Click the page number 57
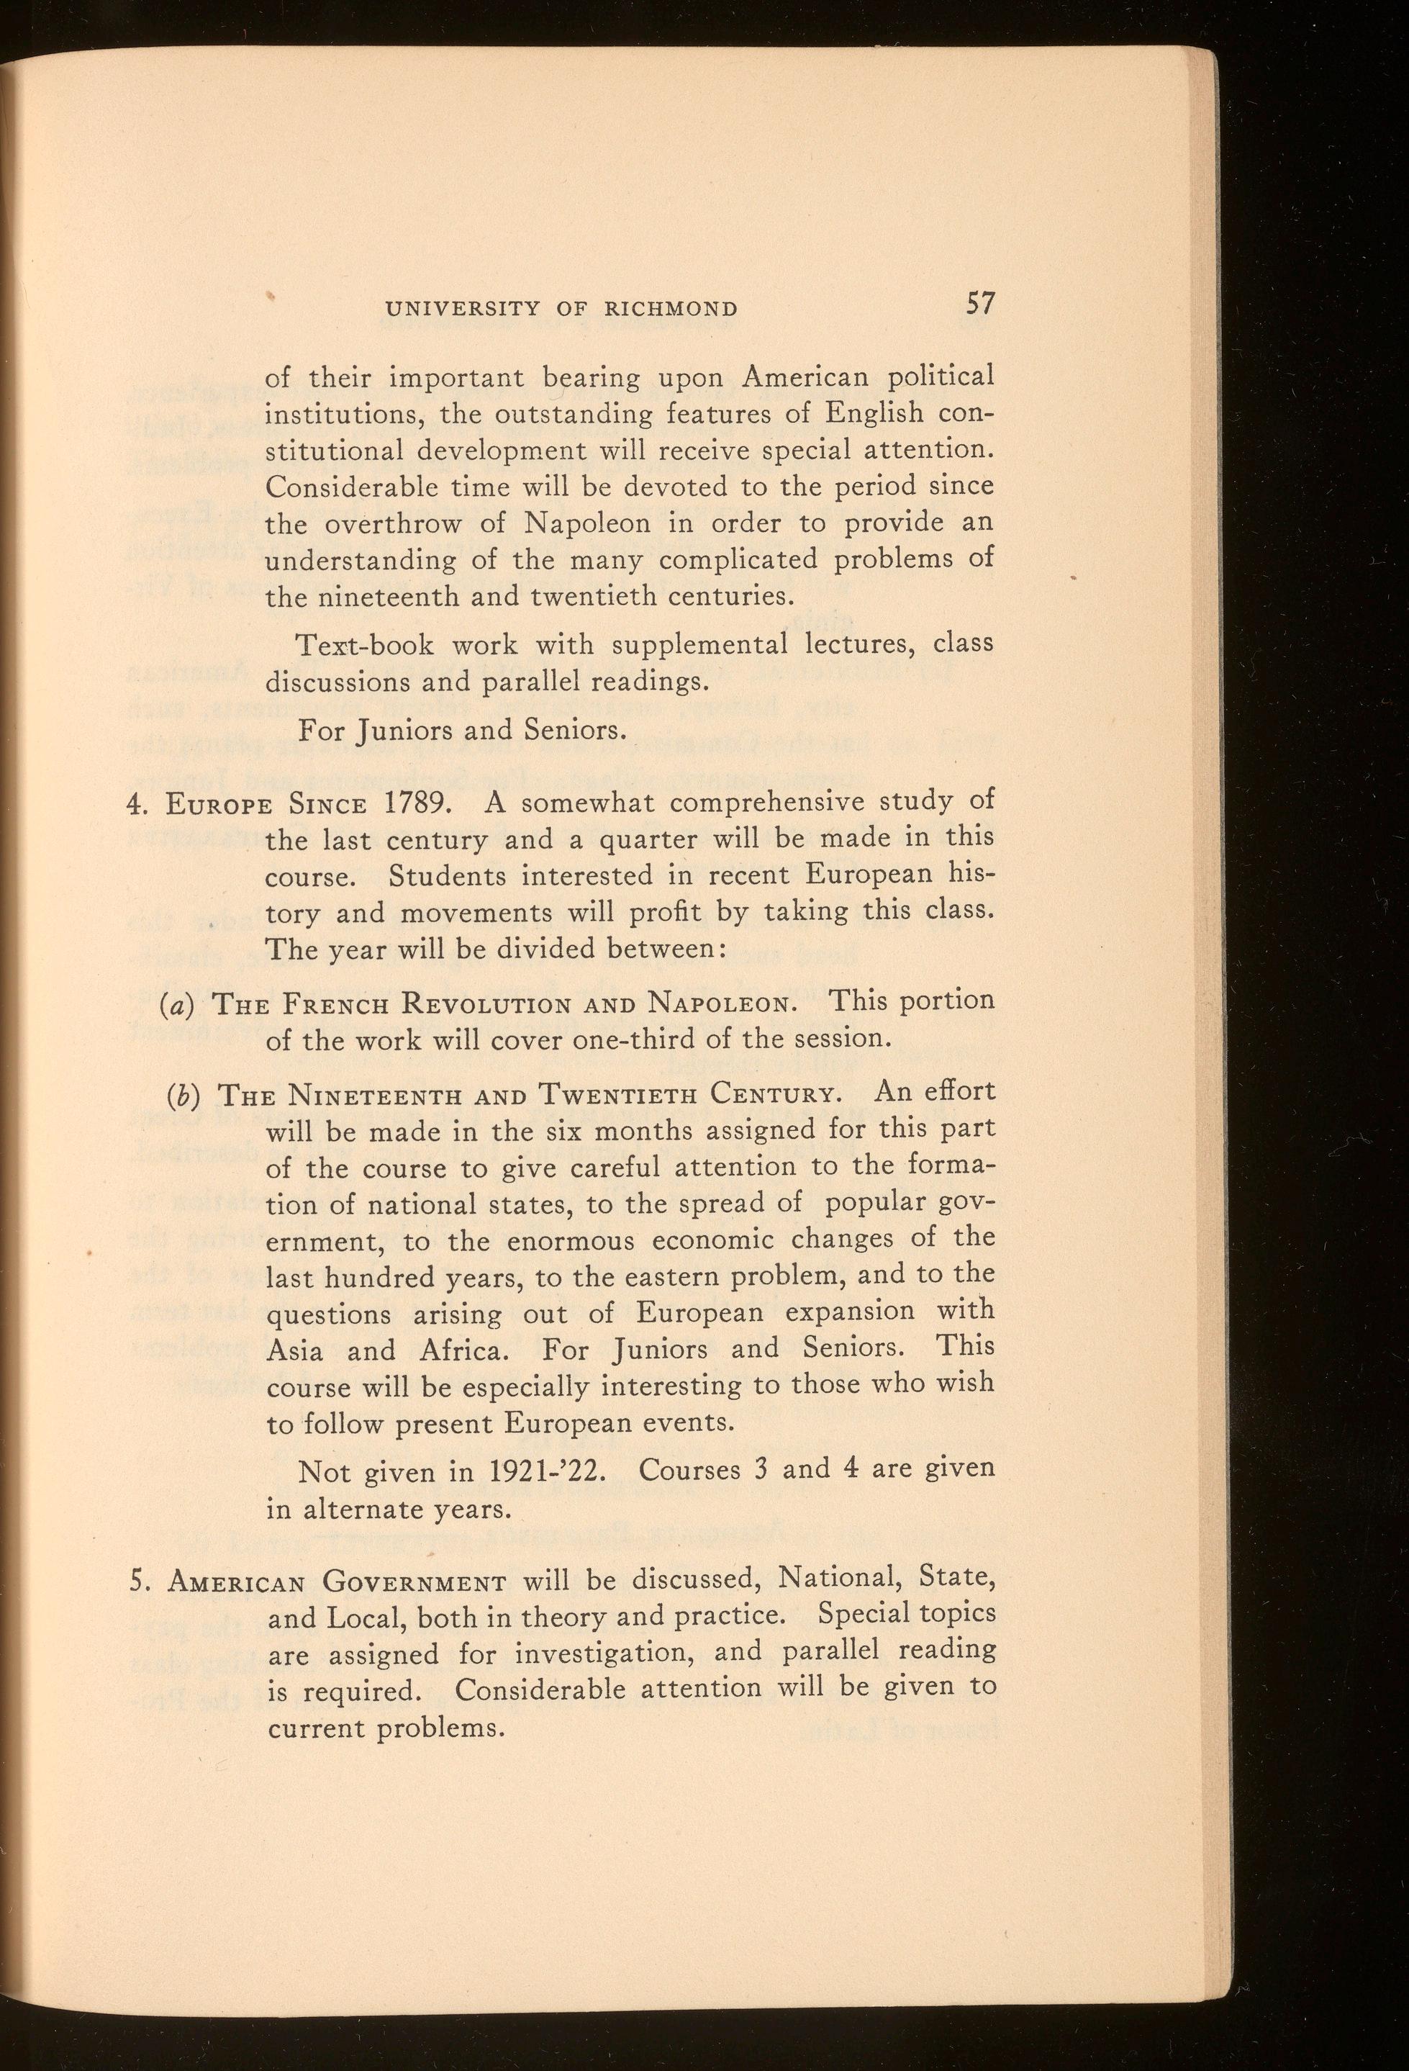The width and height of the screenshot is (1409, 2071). click(x=979, y=304)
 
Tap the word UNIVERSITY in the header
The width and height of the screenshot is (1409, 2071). click(x=461, y=310)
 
